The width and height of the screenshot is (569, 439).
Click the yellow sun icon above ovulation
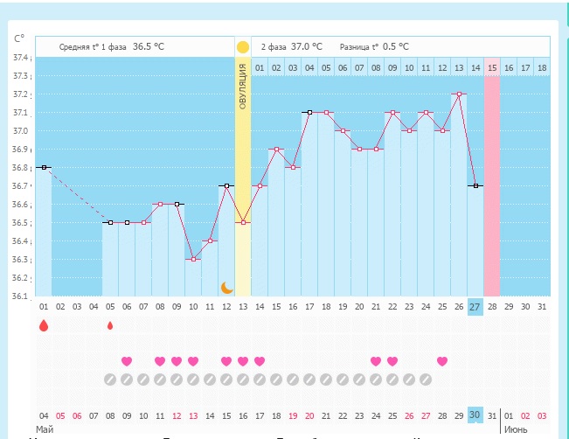243,46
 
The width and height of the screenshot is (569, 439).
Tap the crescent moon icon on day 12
226,287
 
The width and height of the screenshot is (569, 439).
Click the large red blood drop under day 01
43,326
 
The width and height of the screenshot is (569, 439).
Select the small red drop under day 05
110,326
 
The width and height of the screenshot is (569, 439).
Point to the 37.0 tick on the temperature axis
20,131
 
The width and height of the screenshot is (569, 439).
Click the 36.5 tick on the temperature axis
20,223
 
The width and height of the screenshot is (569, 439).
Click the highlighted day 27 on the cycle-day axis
475,307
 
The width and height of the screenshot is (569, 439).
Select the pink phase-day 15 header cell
492,67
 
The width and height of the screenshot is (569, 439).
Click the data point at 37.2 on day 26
459,94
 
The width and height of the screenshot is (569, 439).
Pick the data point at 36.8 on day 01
44,167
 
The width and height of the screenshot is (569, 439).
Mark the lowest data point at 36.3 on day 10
193,259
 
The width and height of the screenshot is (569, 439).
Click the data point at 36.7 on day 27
475,185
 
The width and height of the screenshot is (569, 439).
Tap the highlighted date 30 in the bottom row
475,415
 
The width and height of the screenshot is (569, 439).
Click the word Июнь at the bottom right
514,429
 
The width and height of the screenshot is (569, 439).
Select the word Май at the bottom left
44,429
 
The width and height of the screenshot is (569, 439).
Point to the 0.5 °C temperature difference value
395,46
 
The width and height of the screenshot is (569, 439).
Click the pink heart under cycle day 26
442,361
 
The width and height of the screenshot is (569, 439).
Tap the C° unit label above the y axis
19,38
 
